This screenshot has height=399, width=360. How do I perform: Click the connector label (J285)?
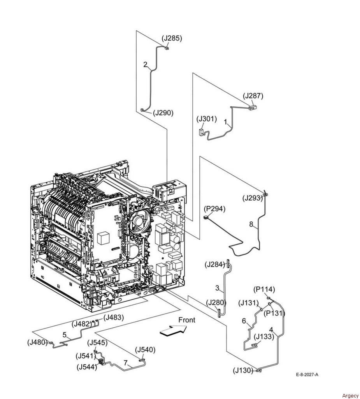[172, 38]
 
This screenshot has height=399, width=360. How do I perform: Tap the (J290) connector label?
[163, 113]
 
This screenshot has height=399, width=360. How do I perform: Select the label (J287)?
[253, 96]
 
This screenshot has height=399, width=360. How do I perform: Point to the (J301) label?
[207, 119]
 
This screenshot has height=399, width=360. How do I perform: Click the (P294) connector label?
[214, 209]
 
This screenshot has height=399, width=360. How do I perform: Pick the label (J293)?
[253, 198]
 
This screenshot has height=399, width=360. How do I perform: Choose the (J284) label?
[215, 265]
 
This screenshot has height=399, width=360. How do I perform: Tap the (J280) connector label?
[216, 302]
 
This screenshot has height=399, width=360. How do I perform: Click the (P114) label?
[264, 290]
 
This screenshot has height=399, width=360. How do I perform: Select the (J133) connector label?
[264, 337]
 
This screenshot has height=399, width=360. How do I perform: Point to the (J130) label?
[243, 371]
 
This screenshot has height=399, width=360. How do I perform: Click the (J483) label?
[114, 317]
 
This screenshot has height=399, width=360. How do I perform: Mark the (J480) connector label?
[38, 342]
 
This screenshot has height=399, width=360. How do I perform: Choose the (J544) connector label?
[87, 367]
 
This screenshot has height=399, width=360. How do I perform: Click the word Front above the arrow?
[186, 320]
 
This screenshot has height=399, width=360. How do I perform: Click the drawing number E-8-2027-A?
[307, 374]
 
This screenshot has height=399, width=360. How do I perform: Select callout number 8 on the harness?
[251, 224]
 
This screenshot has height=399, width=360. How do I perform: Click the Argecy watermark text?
[350, 395]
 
